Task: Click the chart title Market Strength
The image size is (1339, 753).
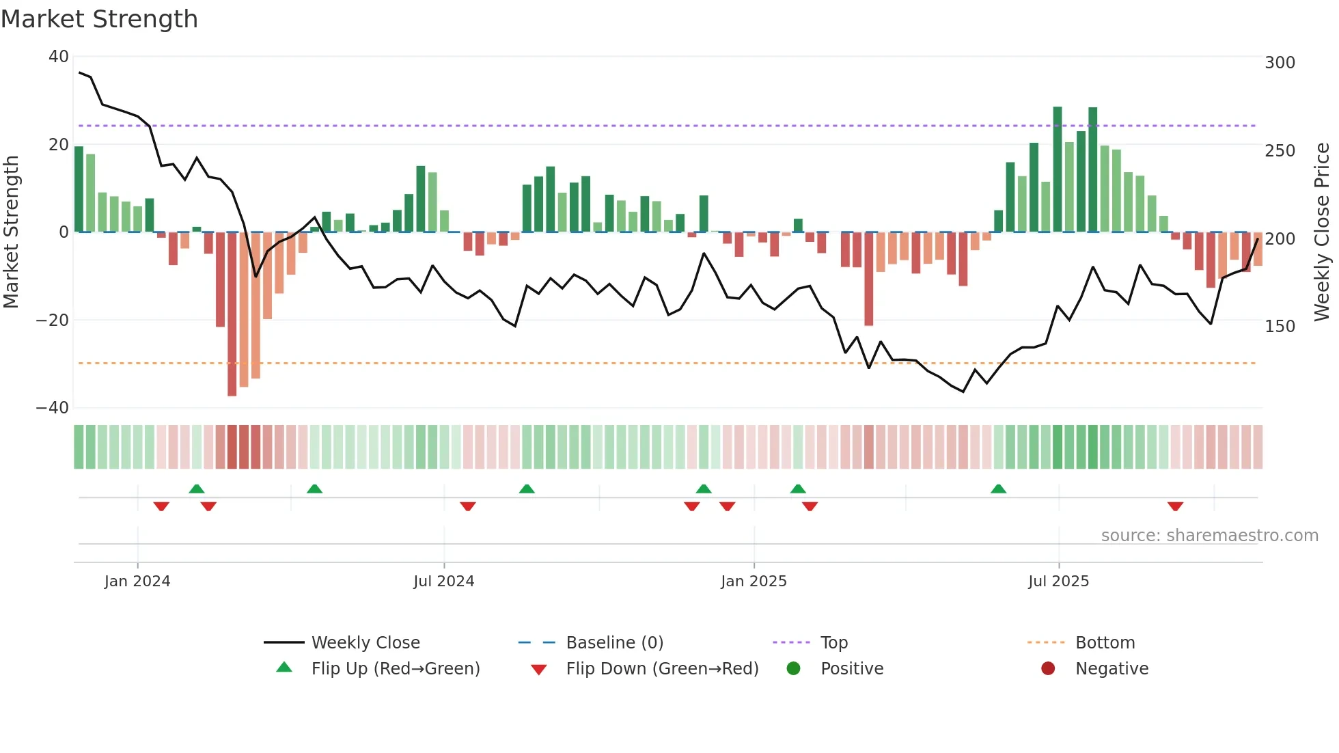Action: point(99,19)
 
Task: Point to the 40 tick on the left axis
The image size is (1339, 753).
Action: point(59,57)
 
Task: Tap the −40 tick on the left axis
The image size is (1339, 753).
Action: point(53,408)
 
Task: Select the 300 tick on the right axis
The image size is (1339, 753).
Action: point(1280,63)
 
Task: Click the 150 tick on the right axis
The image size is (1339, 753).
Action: point(1280,327)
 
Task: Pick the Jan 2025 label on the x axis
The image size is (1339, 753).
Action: point(754,581)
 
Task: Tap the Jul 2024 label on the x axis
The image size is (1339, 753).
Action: point(443,581)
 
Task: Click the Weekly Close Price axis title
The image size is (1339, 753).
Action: point(1322,232)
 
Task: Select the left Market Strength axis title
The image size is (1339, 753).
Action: point(11,232)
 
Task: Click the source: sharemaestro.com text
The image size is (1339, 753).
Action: point(1209,536)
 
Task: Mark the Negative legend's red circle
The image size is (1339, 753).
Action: point(1048,668)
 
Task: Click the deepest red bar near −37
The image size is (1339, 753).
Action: point(232,314)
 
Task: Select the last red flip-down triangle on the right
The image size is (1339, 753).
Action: point(1175,506)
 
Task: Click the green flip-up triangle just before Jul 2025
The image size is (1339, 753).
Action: point(998,489)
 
